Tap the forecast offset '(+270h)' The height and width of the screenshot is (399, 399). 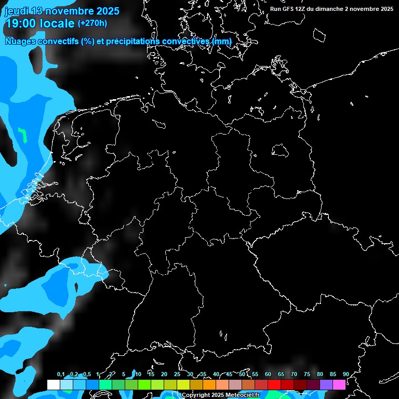point(92,23)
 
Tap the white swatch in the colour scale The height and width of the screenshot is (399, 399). point(53,384)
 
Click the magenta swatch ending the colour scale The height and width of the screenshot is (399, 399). point(339,384)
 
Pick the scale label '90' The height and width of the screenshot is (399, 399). point(345,375)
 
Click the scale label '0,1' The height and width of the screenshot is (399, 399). point(61,375)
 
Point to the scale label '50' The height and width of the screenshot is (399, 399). point(242,375)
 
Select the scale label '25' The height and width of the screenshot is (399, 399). point(177,375)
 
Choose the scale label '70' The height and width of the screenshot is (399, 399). point(294,375)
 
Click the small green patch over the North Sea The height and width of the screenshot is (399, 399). point(22,135)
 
